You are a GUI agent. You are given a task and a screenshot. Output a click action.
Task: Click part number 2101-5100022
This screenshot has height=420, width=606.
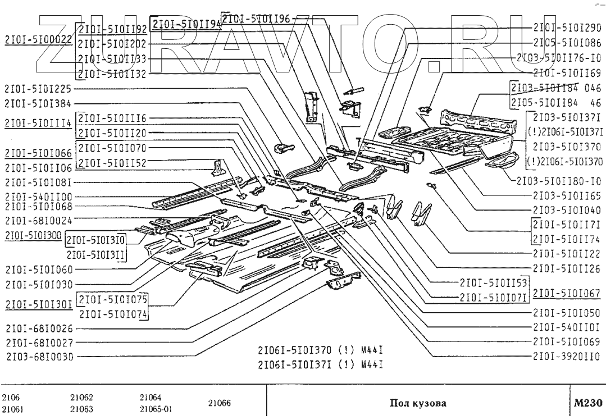38,40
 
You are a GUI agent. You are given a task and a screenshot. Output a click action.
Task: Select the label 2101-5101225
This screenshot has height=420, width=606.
38,88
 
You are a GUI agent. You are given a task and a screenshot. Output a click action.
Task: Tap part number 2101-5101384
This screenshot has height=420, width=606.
38,103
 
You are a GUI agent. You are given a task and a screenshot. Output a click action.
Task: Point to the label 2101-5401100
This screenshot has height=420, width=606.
38,197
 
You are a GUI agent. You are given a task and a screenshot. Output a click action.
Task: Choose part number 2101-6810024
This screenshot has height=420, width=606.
38,220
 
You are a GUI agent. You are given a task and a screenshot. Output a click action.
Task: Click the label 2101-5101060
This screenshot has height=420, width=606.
38,270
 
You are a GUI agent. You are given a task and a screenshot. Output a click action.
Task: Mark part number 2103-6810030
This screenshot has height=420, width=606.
38,355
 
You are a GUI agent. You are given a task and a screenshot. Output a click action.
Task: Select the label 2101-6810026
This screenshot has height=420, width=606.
38,328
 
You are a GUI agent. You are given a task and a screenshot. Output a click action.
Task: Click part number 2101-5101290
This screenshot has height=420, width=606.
567,27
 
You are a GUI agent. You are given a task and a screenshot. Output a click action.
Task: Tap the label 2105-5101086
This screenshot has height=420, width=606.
567,42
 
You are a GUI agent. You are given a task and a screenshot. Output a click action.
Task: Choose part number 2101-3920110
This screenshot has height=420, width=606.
567,355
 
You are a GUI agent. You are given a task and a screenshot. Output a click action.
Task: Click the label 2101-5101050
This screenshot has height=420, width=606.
567,312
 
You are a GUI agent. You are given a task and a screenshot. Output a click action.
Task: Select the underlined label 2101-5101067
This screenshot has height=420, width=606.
567,293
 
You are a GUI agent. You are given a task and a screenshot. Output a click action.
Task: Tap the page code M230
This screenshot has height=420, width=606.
587,403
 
